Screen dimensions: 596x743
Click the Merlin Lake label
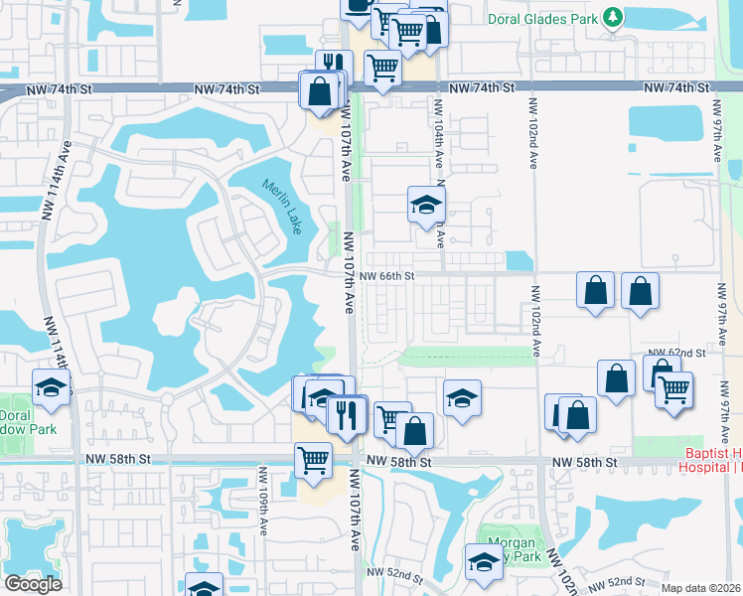[281, 206]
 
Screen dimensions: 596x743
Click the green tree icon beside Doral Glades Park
[614, 17]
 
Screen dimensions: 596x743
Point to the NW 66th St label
[386, 276]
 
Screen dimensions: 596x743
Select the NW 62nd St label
[676, 353]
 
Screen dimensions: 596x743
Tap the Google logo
[34, 584]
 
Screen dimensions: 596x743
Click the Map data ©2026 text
[700, 588]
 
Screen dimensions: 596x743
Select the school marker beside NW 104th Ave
[426, 205]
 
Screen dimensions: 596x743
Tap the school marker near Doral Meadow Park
[52, 387]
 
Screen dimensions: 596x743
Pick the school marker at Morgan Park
[484, 562]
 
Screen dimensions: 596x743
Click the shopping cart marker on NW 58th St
[314, 461]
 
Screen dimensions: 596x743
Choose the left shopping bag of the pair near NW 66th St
[595, 291]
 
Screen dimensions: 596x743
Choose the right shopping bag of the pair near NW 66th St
[640, 291]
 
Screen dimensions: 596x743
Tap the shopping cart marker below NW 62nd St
[674, 388]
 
